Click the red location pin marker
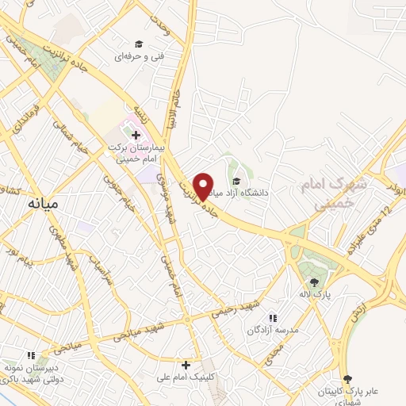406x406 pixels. [204, 186]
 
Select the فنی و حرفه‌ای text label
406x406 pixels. [132, 57]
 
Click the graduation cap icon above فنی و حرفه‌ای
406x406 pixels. [138, 44]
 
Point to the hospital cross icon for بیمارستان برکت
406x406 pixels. [136, 135]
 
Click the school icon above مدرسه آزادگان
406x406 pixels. [274, 316]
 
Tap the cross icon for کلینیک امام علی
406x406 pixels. [186, 366]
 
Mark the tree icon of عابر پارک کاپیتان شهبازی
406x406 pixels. [347, 380]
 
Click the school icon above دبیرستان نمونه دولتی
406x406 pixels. [32, 356]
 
